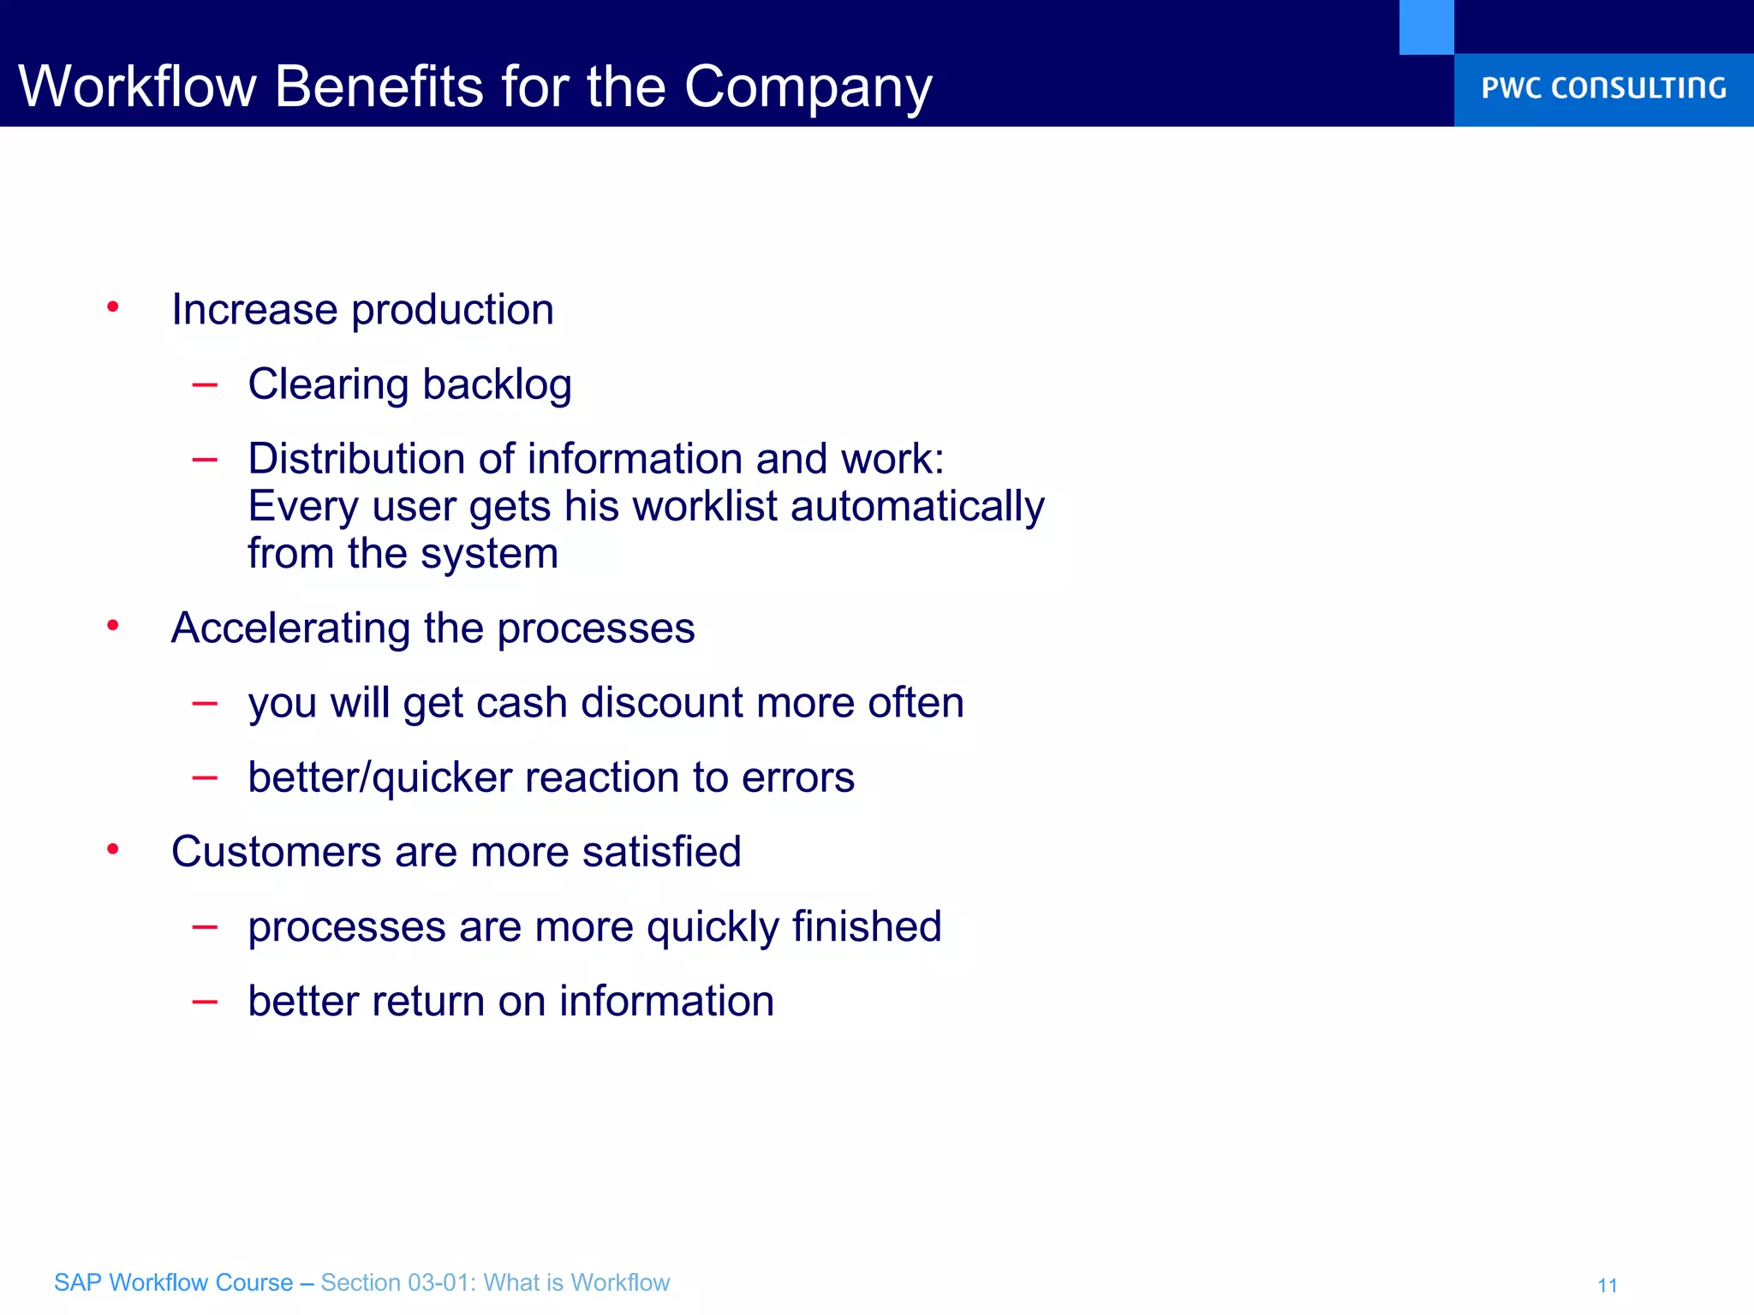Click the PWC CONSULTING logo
(x=1603, y=88)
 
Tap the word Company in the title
(x=808, y=88)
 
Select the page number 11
(x=1607, y=1285)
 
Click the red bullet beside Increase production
(x=112, y=306)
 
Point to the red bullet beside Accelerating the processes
(x=112, y=626)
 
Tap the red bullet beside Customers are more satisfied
(x=112, y=849)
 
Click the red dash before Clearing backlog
(x=205, y=385)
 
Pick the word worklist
(x=705, y=506)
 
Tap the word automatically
(x=917, y=507)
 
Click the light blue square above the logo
(x=1426, y=27)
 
